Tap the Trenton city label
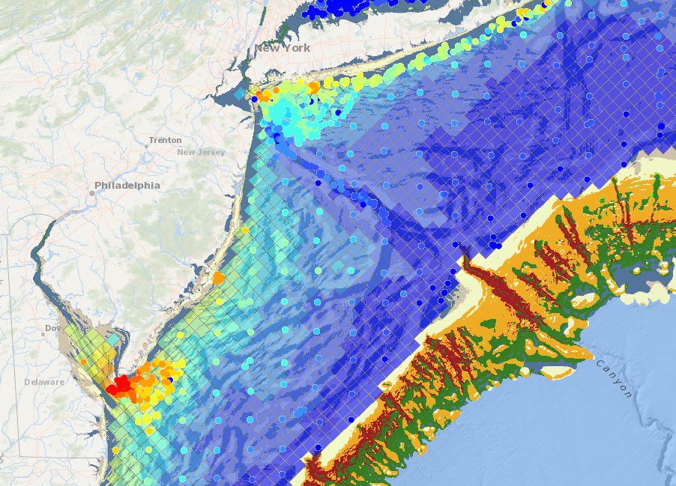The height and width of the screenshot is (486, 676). click(165, 140)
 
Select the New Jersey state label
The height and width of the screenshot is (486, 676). click(201, 152)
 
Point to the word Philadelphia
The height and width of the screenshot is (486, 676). click(127, 185)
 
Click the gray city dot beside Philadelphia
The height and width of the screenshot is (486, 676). click(91, 192)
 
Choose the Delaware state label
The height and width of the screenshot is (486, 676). click(44, 381)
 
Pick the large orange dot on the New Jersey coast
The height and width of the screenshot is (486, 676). click(218, 278)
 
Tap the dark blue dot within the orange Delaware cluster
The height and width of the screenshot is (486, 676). click(170, 380)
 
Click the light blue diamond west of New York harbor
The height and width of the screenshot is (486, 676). click(238, 95)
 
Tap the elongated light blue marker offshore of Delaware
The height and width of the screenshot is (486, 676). click(300, 411)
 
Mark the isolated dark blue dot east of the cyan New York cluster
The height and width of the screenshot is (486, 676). click(338, 112)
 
